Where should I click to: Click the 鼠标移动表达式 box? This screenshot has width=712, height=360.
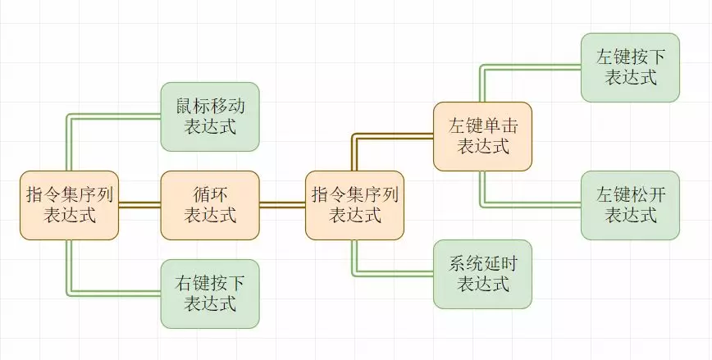(210, 116)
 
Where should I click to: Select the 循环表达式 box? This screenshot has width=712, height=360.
(210, 205)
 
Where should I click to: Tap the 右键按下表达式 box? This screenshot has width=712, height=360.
(210, 294)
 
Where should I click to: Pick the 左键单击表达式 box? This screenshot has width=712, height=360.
(482, 136)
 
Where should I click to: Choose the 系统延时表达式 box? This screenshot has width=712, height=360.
(482, 274)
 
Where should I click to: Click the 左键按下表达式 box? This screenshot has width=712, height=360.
(630, 67)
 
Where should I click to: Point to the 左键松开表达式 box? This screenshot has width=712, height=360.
(630, 205)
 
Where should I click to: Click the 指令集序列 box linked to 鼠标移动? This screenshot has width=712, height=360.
(69, 205)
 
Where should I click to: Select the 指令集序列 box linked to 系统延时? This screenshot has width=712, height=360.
(354, 205)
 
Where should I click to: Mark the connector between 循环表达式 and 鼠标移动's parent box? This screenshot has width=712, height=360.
(139, 205)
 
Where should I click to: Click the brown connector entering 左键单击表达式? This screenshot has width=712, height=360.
(394, 137)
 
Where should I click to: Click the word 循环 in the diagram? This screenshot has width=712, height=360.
(210, 195)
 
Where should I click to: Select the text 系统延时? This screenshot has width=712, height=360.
(482, 264)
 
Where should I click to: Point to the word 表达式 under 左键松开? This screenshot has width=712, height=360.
(630, 216)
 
